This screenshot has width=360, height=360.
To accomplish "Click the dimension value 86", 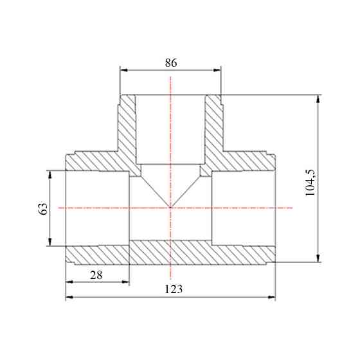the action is [171, 63].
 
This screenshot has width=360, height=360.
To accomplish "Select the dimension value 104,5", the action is [310, 183].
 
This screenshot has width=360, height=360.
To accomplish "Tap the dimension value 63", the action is [42, 208].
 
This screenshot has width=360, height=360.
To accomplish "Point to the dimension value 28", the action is [96, 275].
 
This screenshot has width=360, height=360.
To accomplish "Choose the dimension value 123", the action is [174, 289].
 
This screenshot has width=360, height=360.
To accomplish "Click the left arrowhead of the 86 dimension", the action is [124, 70].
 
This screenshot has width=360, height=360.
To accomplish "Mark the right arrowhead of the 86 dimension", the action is [217, 70].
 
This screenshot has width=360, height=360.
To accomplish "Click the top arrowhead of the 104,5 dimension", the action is [318, 99].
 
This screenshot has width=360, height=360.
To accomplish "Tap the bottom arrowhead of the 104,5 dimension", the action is [318, 258].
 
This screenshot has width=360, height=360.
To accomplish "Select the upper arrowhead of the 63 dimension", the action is [50, 174].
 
